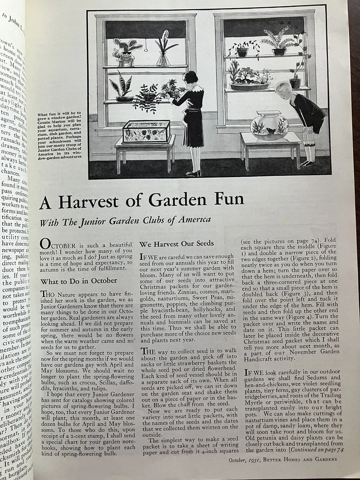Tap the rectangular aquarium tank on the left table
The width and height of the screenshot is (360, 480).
[146, 132]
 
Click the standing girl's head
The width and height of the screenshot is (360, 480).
[190, 78]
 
